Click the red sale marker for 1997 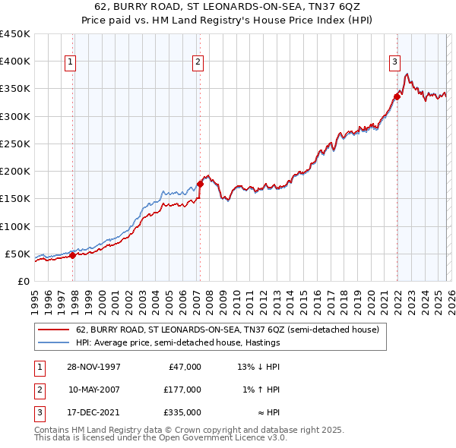(x=73, y=255)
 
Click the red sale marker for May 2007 (x=200, y=183)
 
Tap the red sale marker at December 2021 (x=397, y=96)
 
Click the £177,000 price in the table (x=182, y=390)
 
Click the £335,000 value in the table (x=182, y=412)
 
